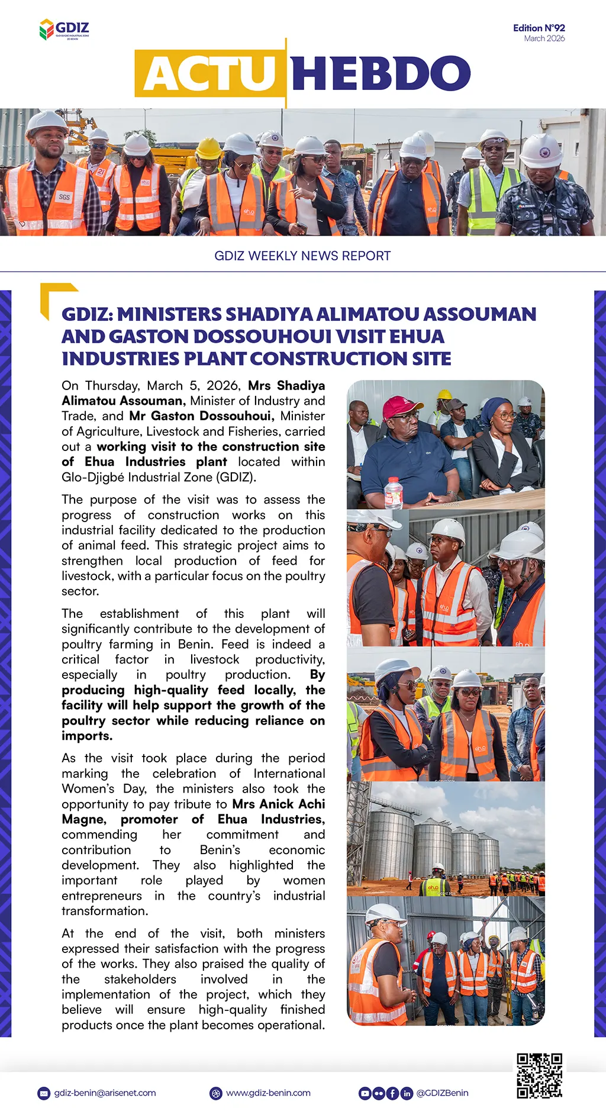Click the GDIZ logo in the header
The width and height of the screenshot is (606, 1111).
coord(64,29)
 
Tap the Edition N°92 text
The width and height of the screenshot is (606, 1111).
coord(539,28)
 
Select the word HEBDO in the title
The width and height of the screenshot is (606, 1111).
coord(381,74)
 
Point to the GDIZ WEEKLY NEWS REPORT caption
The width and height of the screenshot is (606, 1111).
coord(302,256)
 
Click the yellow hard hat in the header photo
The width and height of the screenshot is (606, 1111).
coord(208,148)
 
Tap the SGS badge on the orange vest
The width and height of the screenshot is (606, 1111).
coord(64,197)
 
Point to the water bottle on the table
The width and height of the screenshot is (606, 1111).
coord(394,492)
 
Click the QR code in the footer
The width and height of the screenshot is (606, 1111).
coord(539,1075)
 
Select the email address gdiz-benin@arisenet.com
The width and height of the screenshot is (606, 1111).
coord(105,1093)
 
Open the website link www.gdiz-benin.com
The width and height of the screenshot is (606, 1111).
coord(268,1093)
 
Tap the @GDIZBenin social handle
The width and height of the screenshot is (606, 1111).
coord(442,1093)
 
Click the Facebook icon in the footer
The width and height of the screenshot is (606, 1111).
coord(392,1093)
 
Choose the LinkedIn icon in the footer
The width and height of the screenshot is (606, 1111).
coord(407,1093)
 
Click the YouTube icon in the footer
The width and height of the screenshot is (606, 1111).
coord(365,1093)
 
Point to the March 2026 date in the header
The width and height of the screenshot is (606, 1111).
coord(544,38)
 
